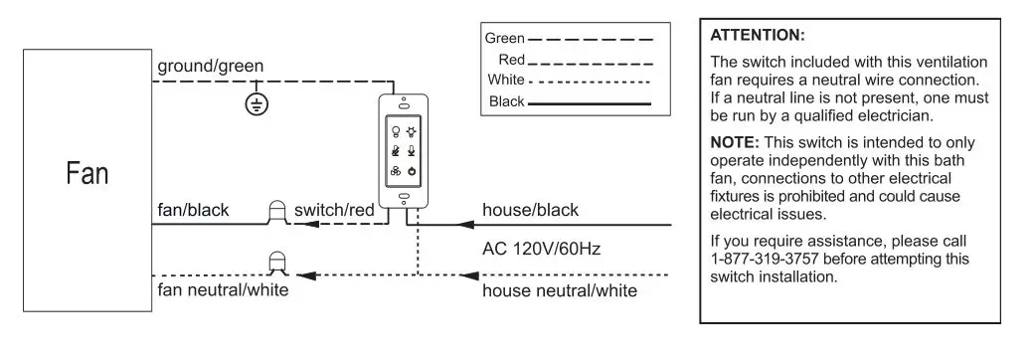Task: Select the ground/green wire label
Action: (x=210, y=67)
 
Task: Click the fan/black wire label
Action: (x=194, y=210)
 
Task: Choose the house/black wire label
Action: (x=529, y=210)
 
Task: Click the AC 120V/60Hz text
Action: (x=541, y=247)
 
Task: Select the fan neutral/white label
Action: (x=223, y=290)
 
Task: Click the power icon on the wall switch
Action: (x=412, y=171)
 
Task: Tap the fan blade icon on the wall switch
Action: (x=395, y=171)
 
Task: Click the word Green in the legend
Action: (x=504, y=39)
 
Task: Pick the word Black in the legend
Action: (x=506, y=102)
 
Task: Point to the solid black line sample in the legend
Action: (x=591, y=103)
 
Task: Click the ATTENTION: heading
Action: (x=759, y=35)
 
